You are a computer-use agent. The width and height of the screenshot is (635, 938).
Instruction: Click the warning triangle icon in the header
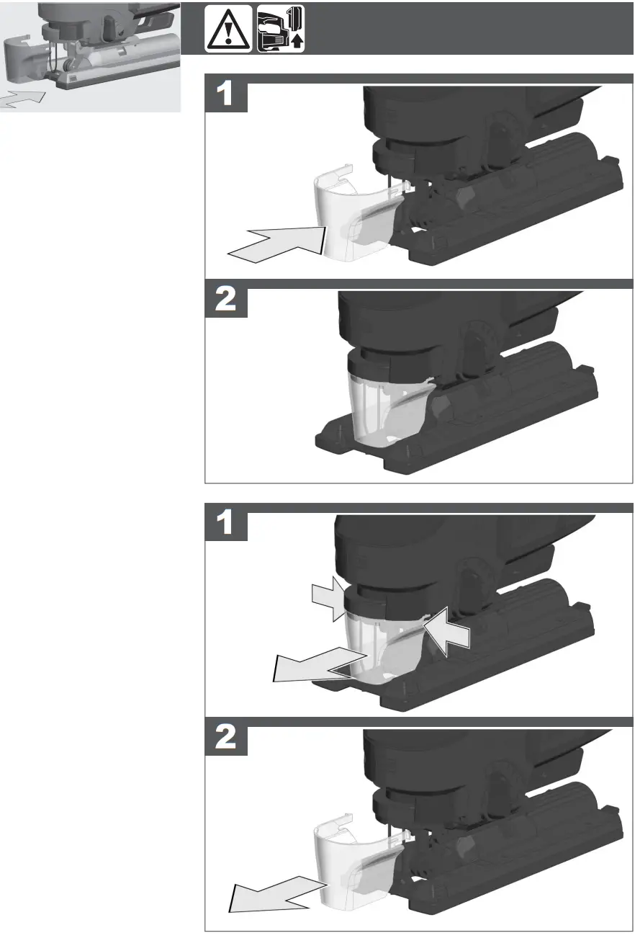tap(228, 29)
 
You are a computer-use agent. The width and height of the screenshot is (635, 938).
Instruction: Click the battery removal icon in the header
tap(281, 28)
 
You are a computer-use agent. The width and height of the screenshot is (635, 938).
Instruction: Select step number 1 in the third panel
tap(226, 524)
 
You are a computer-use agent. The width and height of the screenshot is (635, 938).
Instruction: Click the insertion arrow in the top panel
tap(277, 243)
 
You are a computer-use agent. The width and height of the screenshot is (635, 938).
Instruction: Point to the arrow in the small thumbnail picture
tap(22, 99)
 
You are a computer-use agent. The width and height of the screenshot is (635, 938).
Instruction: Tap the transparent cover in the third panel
tap(378, 641)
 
